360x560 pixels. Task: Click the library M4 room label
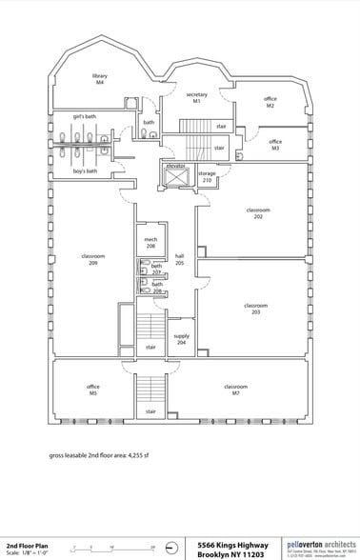click(98, 78)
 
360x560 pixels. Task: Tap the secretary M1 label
click(197, 97)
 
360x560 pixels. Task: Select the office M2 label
click(270, 102)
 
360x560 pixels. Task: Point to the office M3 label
click(275, 145)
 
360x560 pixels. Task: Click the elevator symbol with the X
click(175, 178)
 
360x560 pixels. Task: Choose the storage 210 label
click(207, 176)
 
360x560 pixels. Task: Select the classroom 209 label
click(92, 259)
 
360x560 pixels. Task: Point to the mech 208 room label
click(150, 242)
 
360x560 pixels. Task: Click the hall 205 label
click(179, 259)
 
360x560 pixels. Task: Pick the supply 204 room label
click(181, 339)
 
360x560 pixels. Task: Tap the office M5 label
click(93, 390)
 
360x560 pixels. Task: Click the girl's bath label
click(85, 116)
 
